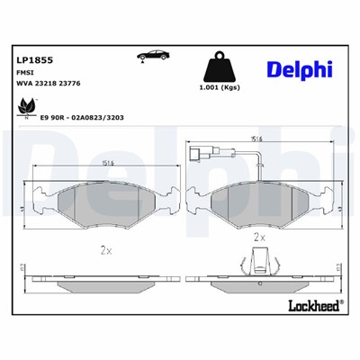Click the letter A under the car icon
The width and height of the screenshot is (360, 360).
142,65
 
